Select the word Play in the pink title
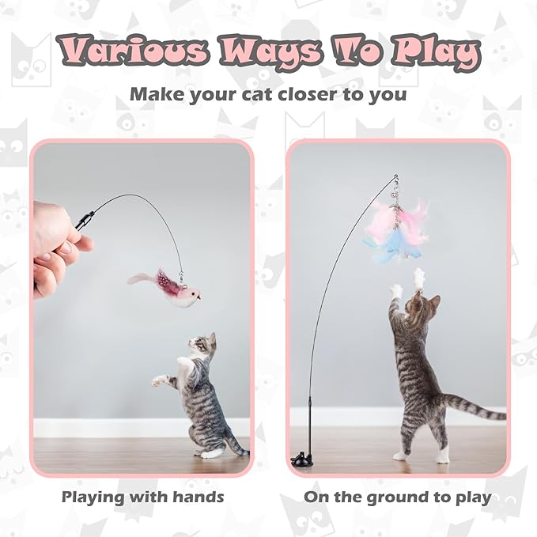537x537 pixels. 431,53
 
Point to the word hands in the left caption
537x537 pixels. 193,497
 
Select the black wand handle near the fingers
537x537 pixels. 85,218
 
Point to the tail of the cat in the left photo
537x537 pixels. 234,443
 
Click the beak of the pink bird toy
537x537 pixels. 199,298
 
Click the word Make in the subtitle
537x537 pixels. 156,94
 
